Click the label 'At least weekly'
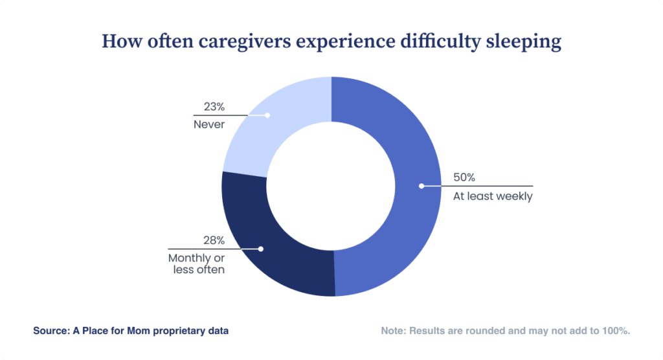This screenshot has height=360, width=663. pos(492,196)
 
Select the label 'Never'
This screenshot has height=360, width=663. pos(209,124)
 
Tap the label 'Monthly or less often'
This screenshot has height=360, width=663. pos(196,264)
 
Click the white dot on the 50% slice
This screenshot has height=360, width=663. pos(421,186)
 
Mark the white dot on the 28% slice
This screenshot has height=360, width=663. pos(261,249)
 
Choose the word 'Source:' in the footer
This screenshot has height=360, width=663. pos(53,331)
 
